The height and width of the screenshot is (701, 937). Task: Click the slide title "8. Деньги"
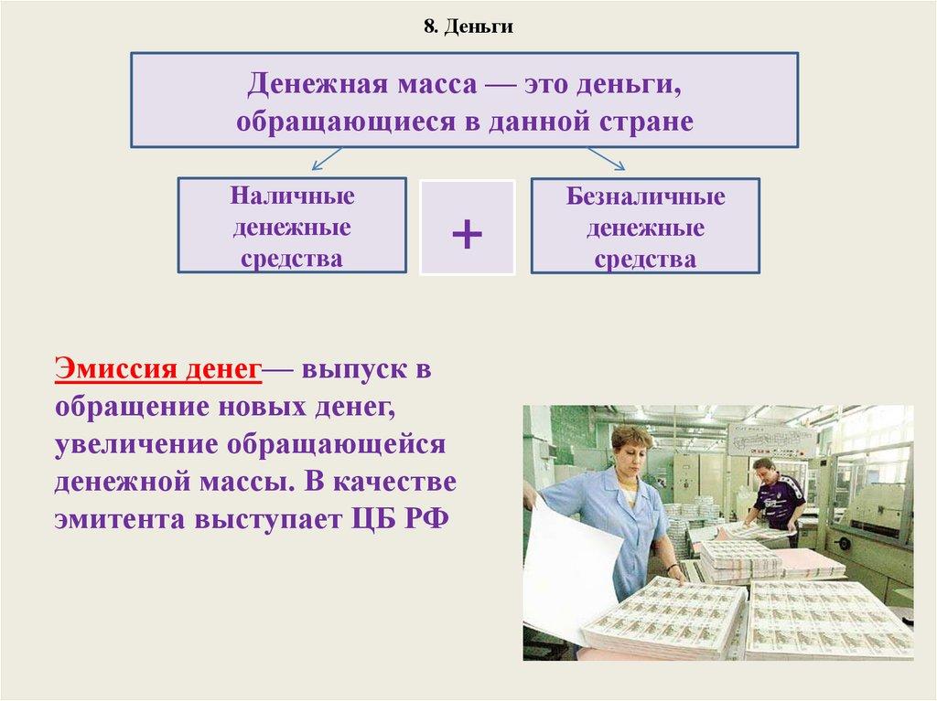tap(468, 27)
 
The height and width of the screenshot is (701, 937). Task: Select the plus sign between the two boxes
tap(467, 235)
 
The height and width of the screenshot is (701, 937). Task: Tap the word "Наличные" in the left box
tap(293, 196)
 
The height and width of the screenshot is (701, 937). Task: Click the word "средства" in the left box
tap(292, 259)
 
